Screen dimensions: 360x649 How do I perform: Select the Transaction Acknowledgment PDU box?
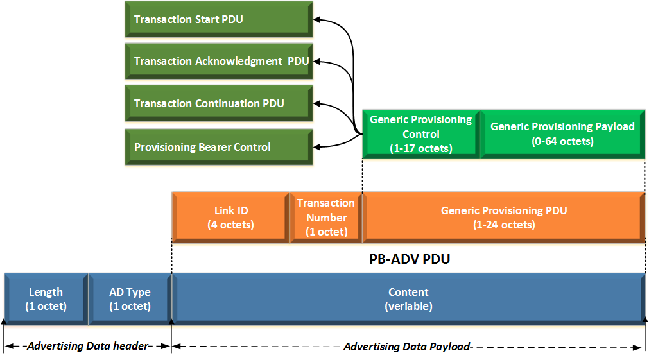coord(218,62)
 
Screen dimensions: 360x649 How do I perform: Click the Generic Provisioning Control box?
coord(421,133)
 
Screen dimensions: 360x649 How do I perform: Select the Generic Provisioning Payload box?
coord(562,133)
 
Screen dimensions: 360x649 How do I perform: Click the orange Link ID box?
coord(230,218)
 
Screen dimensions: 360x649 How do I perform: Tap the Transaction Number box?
coord(326,218)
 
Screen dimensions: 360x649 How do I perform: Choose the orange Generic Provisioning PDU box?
coord(504,218)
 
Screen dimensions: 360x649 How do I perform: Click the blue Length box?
coord(46,299)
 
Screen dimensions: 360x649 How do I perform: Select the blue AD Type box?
coord(130,299)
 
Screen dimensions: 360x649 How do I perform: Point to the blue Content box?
coord(408,299)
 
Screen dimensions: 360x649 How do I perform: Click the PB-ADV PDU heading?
coord(409,259)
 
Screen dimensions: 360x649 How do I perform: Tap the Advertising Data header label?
coord(88,347)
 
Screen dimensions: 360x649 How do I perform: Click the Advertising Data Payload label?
coord(407,347)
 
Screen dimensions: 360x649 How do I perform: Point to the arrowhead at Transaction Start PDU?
coord(316,20)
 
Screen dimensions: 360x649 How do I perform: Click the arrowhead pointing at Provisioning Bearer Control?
coord(316,147)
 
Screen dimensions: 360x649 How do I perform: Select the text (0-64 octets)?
coord(562,141)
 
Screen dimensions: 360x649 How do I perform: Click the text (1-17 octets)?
coord(421,148)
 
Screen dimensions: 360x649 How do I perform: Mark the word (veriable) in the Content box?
coord(408,307)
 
